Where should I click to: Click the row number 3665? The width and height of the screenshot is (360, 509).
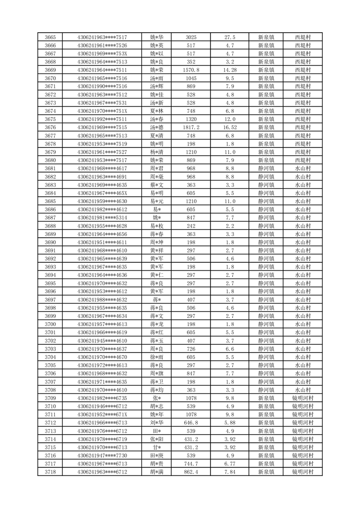pyautogui.click(x=50, y=37)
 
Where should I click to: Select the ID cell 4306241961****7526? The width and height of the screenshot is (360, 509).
pyautogui.click(x=102, y=45)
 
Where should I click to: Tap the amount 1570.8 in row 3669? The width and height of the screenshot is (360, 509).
pyautogui.click(x=191, y=70)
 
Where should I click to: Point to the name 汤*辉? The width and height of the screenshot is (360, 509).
pyautogui.click(x=156, y=86)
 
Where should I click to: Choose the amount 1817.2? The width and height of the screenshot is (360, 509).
pyautogui.click(x=191, y=127)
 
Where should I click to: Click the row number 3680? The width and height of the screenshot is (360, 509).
pyautogui.click(x=50, y=160)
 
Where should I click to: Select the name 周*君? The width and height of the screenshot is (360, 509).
pyautogui.click(x=156, y=168)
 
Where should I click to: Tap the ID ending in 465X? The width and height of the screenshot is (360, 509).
pyautogui.click(x=102, y=193)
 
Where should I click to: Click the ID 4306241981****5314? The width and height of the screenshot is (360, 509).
pyautogui.click(x=102, y=218)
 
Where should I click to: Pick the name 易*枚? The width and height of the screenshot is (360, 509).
pyautogui.click(x=156, y=226)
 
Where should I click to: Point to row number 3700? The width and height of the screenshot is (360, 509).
pyautogui.click(x=50, y=324)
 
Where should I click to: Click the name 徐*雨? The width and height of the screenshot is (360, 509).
pyautogui.click(x=156, y=357)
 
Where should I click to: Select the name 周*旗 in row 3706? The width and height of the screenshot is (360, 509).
pyautogui.click(x=156, y=373)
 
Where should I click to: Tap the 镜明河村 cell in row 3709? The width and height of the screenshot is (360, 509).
pyautogui.click(x=302, y=398)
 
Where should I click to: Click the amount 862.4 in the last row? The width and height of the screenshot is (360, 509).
pyautogui.click(x=191, y=472)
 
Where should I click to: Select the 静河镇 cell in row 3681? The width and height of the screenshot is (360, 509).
pyautogui.click(x=266, y=168)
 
